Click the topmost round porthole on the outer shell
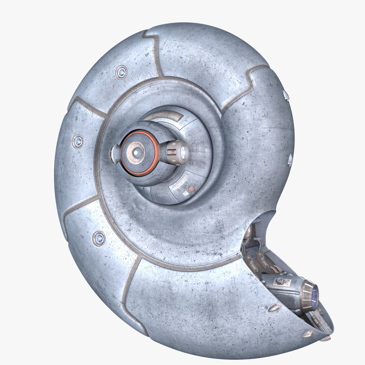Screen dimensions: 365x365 click(121, 72)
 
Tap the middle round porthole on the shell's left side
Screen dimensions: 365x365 click(78, 140)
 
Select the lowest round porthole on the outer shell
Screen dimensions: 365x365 click(99, 238)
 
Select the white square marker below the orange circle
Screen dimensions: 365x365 click(186, 194)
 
